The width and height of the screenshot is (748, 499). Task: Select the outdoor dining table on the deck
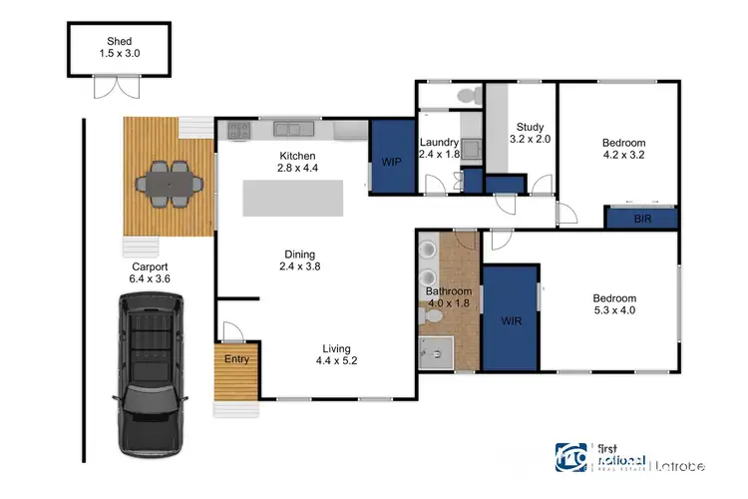point(168,184)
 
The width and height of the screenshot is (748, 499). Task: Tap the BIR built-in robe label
point(641,219)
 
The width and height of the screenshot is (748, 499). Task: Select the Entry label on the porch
point(236,359)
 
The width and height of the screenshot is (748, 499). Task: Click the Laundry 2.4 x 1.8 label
point(439,149)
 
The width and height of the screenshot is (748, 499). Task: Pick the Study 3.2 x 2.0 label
point(529,133)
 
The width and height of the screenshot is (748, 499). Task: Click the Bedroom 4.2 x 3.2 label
point(624,149)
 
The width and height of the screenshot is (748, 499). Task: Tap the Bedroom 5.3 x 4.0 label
point(614,304)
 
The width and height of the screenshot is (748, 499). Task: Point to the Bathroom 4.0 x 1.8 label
point(449,296)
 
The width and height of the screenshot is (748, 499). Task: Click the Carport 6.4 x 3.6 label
point(150,272)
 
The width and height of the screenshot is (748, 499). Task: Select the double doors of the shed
point(110,90)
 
